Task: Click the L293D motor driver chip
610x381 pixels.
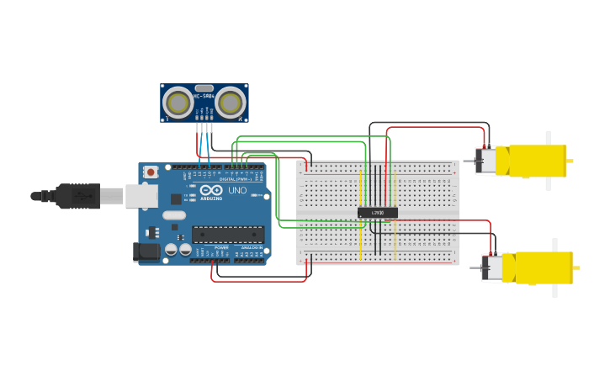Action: point(378,213)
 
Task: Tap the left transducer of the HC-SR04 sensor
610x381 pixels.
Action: point(178,103)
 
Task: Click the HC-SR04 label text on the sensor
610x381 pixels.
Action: point(204,96)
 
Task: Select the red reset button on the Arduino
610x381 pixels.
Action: point(151,172)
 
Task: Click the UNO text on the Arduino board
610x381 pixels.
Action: point(237,190)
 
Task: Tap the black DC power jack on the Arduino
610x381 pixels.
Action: point(146,251)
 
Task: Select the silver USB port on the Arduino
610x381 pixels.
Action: point(141,196)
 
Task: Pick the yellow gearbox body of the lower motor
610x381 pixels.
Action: point(543,267)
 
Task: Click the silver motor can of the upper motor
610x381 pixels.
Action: point(486,161)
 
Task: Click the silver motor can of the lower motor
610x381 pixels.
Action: point(493,268)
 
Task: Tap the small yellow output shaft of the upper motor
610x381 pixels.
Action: point(570,161)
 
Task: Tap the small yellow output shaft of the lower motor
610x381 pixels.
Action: point(576,267)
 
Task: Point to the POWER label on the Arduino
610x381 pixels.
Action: point(221,248)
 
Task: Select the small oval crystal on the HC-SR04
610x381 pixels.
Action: point(204,87)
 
